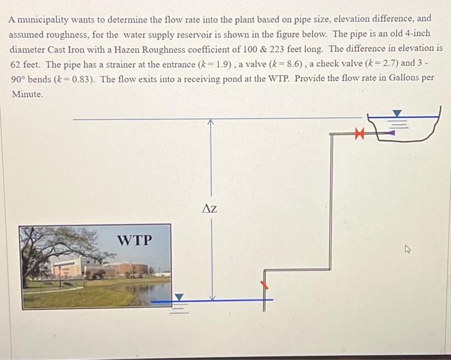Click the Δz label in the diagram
tap(209, 208)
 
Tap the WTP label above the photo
tap(135, 240)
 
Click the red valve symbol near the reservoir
tap(360, 134)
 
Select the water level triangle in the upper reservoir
tap(398, 114)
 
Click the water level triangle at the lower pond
tap(180, 297)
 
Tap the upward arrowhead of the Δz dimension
tap(209, 122)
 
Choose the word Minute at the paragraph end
tap(27, 94)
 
